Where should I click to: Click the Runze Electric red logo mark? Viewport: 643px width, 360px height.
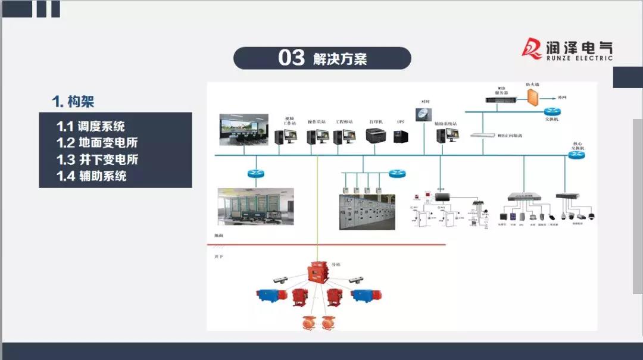532,48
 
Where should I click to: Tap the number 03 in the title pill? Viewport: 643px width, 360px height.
291,58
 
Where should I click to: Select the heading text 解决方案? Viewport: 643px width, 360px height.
340,58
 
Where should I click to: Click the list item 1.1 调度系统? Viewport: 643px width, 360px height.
90,126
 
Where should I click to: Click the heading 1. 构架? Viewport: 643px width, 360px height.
73,102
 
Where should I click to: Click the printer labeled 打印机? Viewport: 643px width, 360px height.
375,135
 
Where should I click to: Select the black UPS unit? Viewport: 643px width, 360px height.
401,136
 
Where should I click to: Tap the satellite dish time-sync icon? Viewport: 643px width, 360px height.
424,114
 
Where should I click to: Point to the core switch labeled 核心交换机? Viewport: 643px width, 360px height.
576,155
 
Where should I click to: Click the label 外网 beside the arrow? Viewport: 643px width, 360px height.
562,97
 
